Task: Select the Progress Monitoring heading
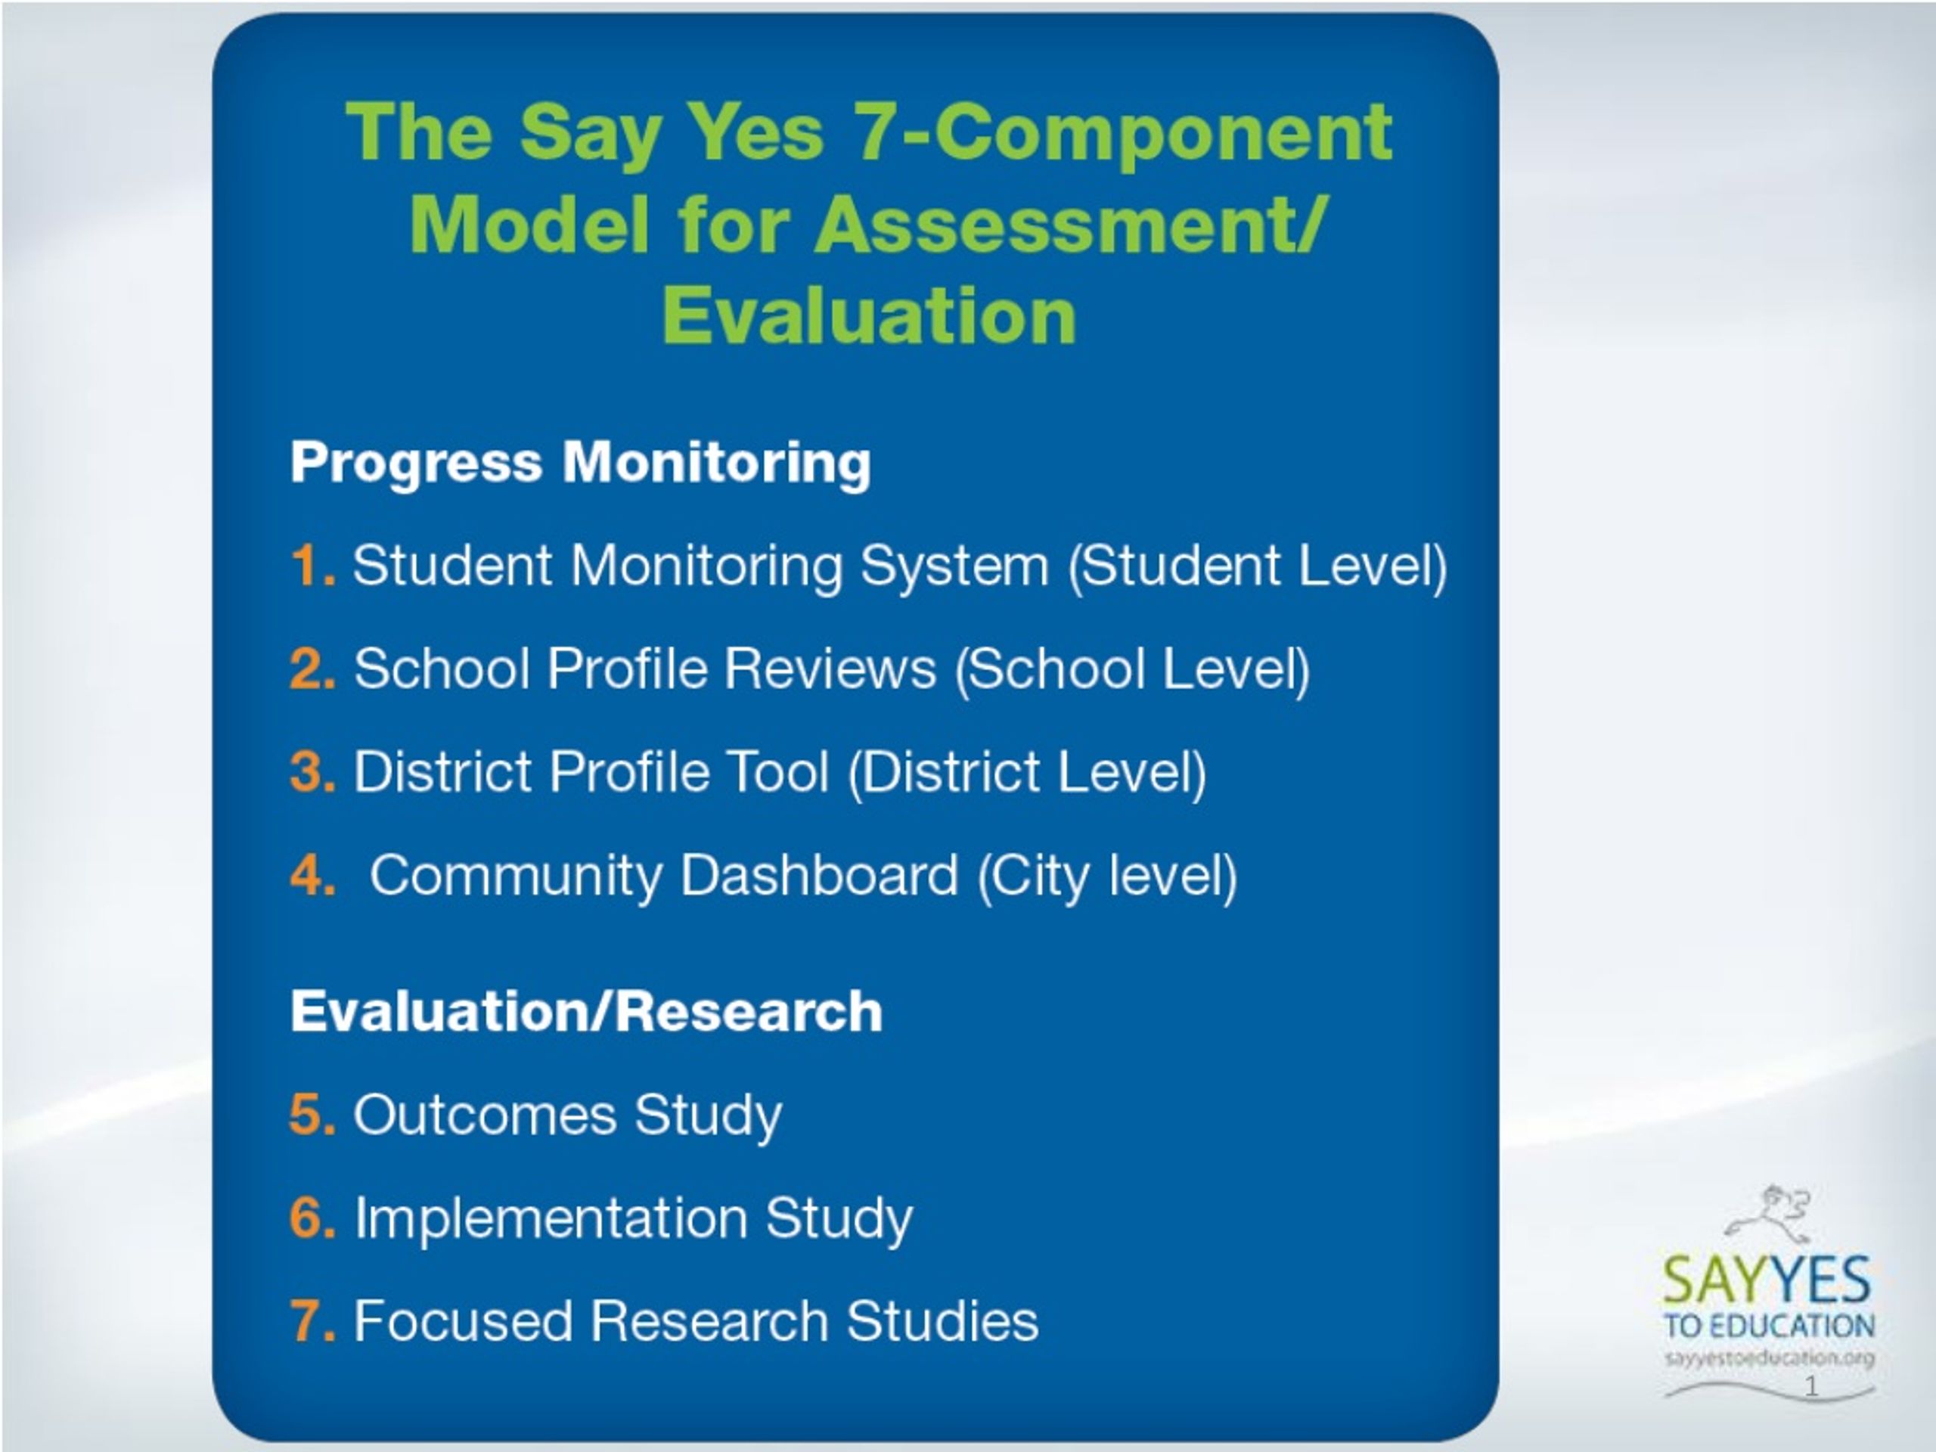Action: (x=580, y=463)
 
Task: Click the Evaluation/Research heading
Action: (x=586, y=1011)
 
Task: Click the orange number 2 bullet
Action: (x=312, y=669)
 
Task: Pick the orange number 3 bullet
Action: (x=312, y=772)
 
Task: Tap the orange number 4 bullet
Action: (x=312, y=874)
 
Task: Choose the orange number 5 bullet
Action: (x=312, y=1114)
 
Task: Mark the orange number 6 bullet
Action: (x=312, y=1218)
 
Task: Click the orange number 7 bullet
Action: (x=312, y=1320)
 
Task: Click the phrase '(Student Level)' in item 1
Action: (x=1258, y=567)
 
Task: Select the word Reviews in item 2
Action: (x=830, y=669)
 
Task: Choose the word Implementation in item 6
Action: (x=551, y=1218)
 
